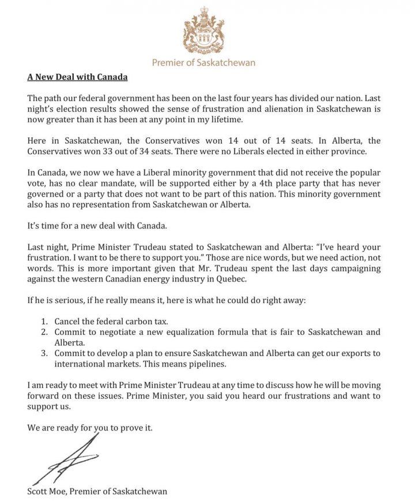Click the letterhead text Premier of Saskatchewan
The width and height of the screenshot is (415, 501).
pos(203,62)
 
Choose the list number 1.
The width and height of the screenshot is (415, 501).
pos(44,320)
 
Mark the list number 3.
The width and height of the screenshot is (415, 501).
pos(44,353)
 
